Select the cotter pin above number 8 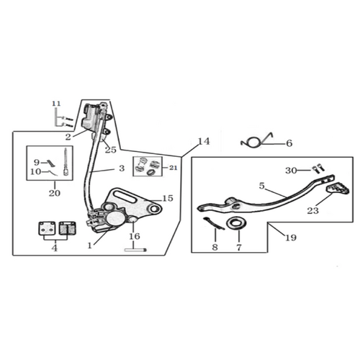(x=214, y=223)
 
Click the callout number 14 (x=204, y=141)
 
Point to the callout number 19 (x=291, y=238)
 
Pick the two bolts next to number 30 (x=318, y=168)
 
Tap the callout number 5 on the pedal (x=261, y=186)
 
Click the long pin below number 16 (x=135, y=250)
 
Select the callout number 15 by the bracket (x=168, y=198)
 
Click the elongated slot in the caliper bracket (x=123, y=197)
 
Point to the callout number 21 (x=173, y=168)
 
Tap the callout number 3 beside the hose (x=122, y=168)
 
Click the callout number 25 (x=111, y=150)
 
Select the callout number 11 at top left (x=56, y=104)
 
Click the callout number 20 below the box (x=55, y=193)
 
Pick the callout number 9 (x=37, y=163)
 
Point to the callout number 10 (x=36, y=172)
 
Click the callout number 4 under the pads (x=55, y=248)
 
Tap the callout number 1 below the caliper (x=90, y=246)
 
